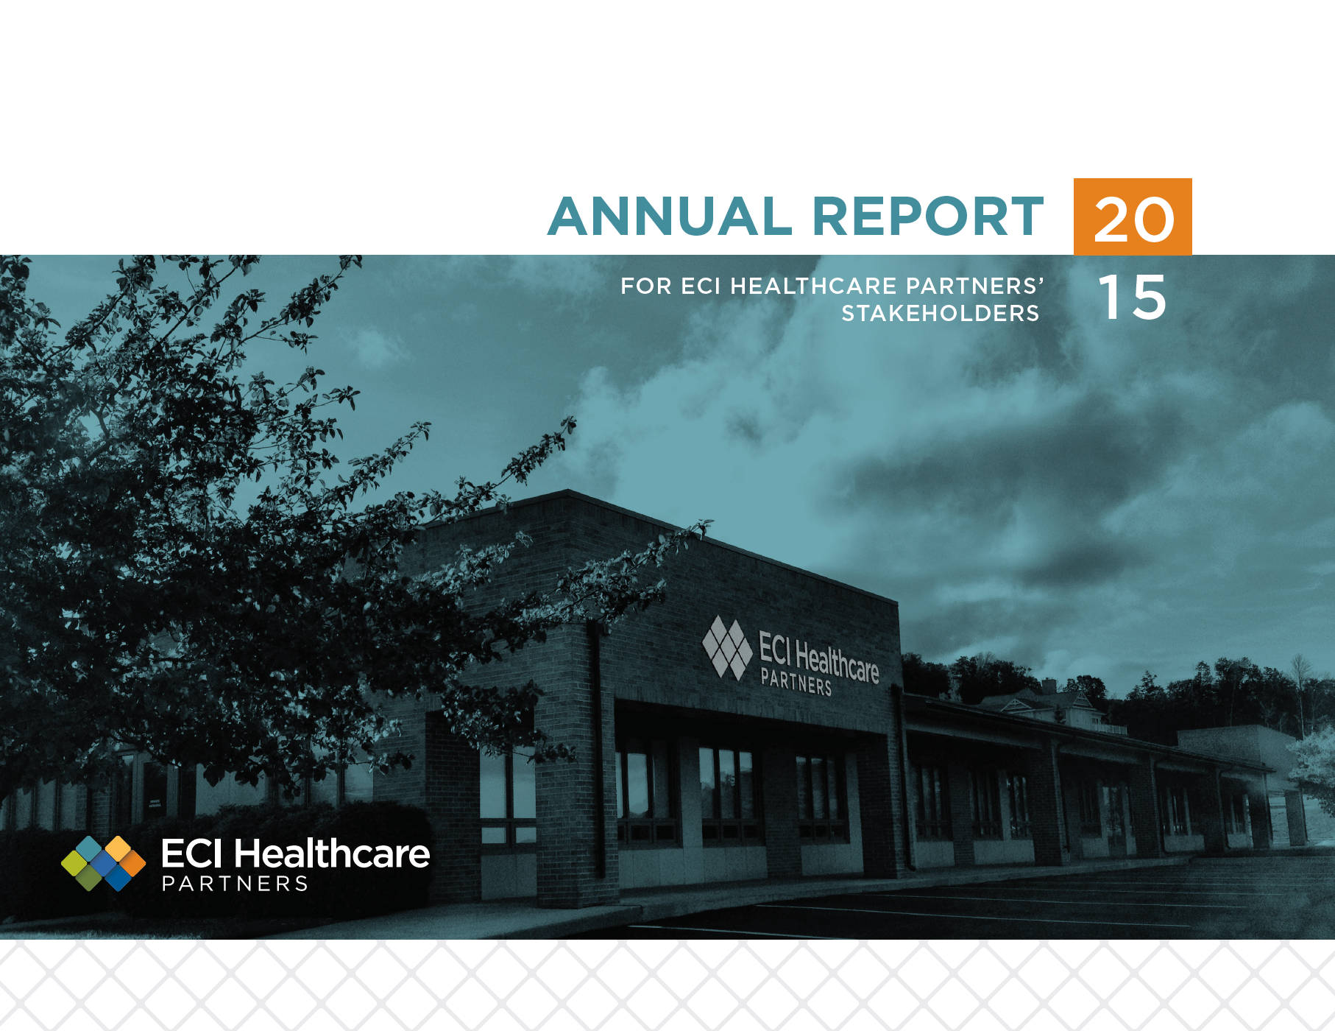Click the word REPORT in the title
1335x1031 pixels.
coord(928,217)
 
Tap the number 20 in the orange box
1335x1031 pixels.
coord(1134,219)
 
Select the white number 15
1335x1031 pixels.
coord(1133,298)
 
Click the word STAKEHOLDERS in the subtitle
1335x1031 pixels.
coord(941,314)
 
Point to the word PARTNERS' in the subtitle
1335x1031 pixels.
coord(975,286)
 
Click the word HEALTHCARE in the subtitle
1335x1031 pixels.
coord(813,286)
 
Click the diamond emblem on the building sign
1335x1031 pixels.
coord(727,647)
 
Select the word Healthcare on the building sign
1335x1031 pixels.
coord(838,661)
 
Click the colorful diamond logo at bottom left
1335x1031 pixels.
coord(103,863)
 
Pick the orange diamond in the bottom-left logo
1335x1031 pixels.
coord(132,863)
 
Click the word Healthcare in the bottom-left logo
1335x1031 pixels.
coord(332,854)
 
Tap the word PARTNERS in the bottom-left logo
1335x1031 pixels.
coord(235,884)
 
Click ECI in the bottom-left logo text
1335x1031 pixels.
coord(191,854)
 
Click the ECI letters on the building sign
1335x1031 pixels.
coord(775,648)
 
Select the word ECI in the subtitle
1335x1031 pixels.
coord(701,286)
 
